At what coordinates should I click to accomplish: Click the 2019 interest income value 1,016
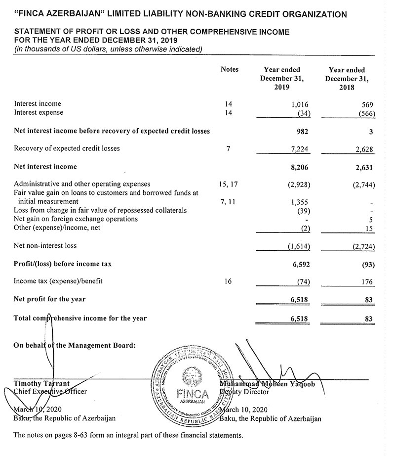point(298,104)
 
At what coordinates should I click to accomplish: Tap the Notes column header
point(230,70)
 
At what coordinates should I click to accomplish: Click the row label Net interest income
point(45,167)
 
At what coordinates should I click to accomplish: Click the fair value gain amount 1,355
point(298,202)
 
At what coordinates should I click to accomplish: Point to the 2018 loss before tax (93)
point(366,264)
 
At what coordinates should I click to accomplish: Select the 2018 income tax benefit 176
point(368,282)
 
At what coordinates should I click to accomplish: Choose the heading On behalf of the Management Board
point(74,345)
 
